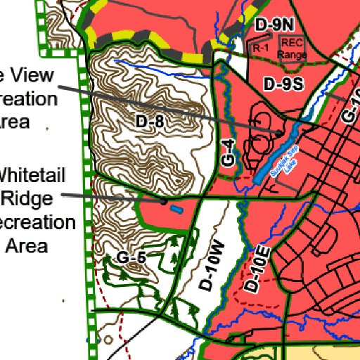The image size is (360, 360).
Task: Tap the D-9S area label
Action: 283,84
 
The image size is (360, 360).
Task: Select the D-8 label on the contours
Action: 150,122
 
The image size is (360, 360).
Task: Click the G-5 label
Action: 131,258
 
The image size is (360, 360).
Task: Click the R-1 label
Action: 262,48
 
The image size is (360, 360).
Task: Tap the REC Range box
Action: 288,46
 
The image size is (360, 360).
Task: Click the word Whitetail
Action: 37,173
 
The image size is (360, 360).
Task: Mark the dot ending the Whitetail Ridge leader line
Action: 165,202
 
